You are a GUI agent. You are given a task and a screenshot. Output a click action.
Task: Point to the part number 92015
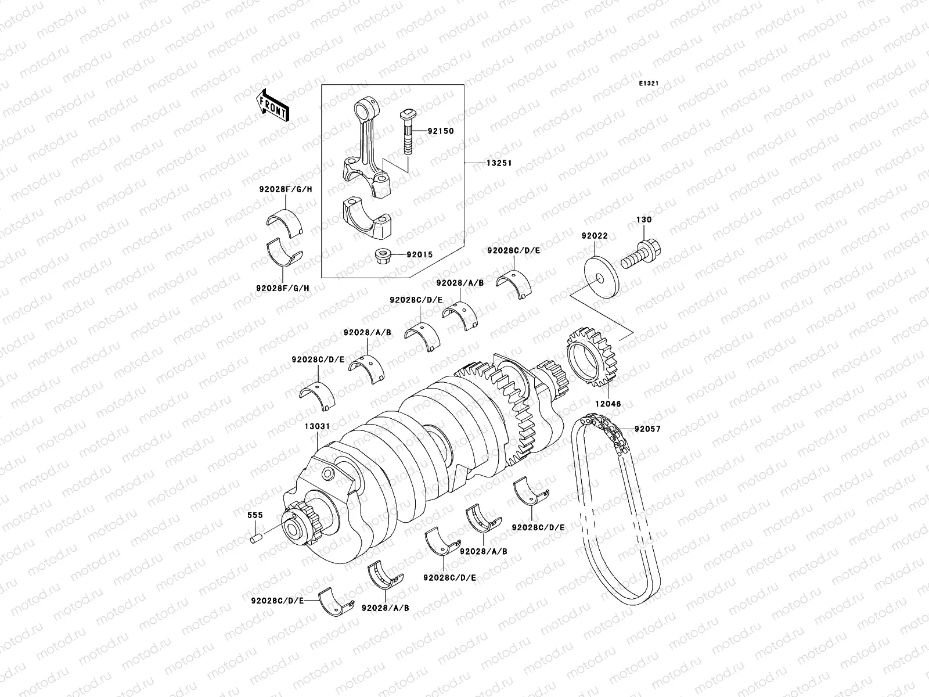click(419, 254)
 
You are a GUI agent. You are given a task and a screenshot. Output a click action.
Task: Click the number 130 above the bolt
click(644, 220)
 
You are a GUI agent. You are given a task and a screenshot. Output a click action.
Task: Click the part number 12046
click(608, 403)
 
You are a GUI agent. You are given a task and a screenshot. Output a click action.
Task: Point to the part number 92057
click(647, 429)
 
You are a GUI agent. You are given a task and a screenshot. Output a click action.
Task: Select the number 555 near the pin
click(255, 515)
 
